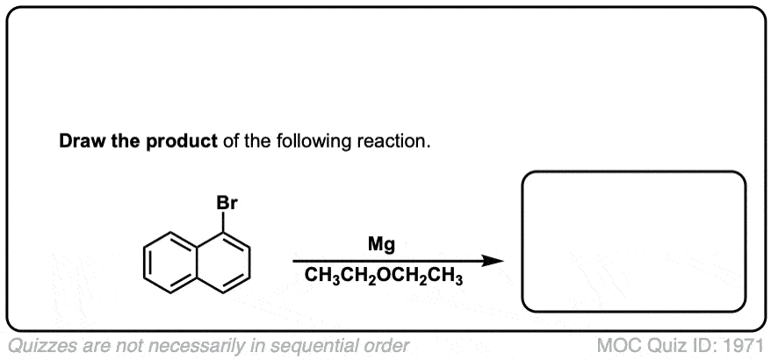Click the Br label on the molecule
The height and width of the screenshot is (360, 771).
[x=227, y=204]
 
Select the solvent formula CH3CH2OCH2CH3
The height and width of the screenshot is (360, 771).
[x=384, y=277]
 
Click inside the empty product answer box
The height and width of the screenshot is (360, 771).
[x=633, y=241]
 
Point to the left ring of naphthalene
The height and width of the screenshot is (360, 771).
[x=165, y=261]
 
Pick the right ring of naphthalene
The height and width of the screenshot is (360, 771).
[x=227, y=261]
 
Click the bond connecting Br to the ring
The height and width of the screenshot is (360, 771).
[x=227, y=223]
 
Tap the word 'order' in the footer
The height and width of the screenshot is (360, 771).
[x=387, y=345]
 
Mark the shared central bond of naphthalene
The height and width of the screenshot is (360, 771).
[x=197, y=261]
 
